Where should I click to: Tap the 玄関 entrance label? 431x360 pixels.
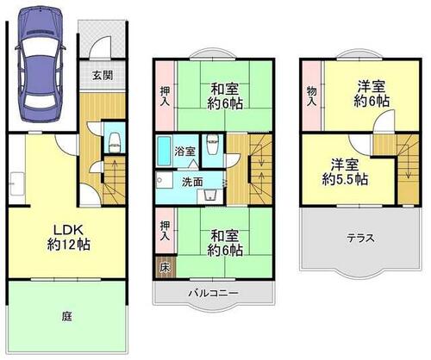pos(103,75)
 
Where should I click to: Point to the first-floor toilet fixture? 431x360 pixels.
pos(114,142)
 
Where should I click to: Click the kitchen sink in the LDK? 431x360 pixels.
pos(17,183)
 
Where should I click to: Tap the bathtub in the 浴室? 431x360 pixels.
pos(164,151)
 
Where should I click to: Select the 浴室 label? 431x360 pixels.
pos(185,151)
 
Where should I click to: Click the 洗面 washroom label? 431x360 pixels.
pos(192,182)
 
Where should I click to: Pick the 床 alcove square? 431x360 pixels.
pos(165,268)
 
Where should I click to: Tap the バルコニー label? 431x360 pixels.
pos(213,293)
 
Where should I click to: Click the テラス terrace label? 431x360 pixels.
pos(361,238)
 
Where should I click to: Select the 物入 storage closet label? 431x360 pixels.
pos(311,96)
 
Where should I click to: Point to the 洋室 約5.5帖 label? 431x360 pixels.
pos(345,172)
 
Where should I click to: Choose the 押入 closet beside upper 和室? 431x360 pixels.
pos(165,96)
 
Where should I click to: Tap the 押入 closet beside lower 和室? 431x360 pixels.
pos(165,231)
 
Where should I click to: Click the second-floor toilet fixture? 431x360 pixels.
pos(213,145)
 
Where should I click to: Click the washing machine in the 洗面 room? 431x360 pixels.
pos(210,196)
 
